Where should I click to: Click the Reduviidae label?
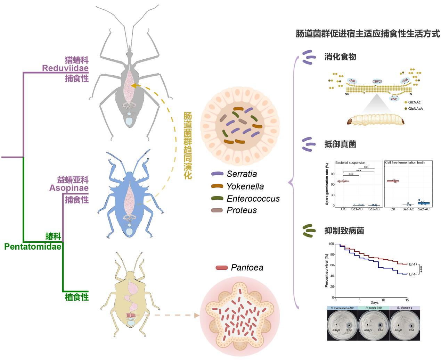tap(65, 68)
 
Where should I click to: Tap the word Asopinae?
tap(69, 188)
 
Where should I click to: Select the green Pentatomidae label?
tap(33, 247)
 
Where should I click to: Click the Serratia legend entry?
tap(242, 174)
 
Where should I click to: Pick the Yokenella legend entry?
tap(245, 186)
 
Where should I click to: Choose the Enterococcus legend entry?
tap(253, 199)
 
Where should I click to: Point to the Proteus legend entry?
tap(242, 210)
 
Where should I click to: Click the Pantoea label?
tap(247, 268)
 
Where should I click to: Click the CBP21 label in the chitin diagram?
tap(377, 82)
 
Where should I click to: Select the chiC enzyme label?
tap(394, 99)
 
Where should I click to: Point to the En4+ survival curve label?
tap(413, 264)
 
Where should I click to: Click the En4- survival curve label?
tap(413, 274)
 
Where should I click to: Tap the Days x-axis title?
tap(374, 303)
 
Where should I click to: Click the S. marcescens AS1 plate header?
tap(342, 308)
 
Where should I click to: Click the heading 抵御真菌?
tap(340, 144)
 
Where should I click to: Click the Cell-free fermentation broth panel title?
tap(405, 162)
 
